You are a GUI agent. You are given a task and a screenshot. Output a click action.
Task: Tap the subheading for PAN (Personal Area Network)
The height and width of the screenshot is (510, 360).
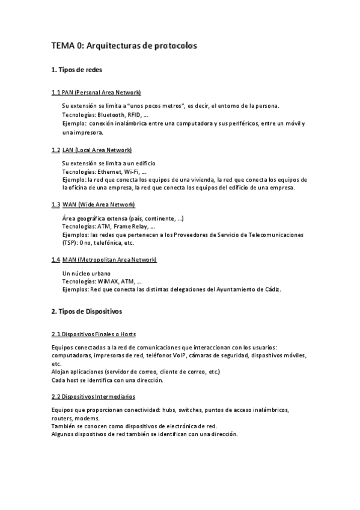pos(96,93)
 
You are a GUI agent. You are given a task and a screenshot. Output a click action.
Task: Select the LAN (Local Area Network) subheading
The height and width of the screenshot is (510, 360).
pos(91,150)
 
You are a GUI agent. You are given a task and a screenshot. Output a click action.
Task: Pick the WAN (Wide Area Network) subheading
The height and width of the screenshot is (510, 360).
pos(94,204)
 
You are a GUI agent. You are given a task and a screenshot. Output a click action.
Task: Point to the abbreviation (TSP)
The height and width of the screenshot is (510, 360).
pos(70,243)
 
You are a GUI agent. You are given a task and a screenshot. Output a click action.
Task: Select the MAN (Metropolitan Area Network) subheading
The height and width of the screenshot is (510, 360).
pos(104,259)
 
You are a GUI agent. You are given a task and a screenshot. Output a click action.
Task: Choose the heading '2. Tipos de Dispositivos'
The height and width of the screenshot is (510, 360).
pos(87,312)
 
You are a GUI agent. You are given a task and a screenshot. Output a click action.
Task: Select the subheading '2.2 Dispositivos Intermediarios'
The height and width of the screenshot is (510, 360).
pos(93,397)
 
